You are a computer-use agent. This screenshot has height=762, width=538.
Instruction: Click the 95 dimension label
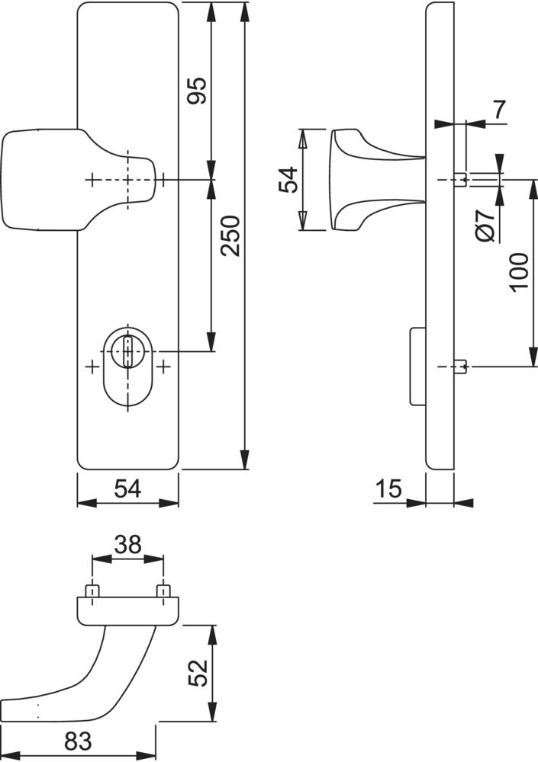[x=198, y=91]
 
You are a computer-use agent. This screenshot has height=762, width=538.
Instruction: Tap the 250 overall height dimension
[x=230, y=235]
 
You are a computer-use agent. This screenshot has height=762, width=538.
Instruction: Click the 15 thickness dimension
[x=388, y=488]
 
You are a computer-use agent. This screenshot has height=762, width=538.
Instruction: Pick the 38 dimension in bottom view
[x=127, y=545]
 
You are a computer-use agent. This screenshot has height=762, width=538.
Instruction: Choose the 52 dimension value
[x=198, y=673]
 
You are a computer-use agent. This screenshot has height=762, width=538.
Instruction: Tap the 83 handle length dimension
[x=78, y=741]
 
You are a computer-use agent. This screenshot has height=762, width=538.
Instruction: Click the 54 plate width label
[x=127, y=488]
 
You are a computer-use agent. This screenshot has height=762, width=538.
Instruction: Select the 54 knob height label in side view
[x=288, y=180]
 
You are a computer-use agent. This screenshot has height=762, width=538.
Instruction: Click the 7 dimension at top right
[x=500, y=110]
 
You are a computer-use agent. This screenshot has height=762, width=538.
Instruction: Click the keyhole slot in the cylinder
[x=128, y=351]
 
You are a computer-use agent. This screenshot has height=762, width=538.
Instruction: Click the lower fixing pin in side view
[x=461, y=367]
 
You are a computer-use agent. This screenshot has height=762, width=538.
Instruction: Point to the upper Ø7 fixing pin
[x=461, y=180]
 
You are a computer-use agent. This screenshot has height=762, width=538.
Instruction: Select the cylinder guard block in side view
[x=417, y=367]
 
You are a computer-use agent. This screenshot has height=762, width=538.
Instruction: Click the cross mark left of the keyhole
[x=92, y=367]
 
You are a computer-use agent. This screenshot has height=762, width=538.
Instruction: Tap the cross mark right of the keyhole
[x=165, y=367]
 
